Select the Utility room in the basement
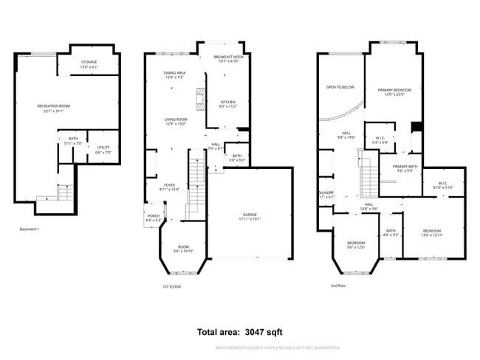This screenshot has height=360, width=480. coord(103,150)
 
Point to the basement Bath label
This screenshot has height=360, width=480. coord(73,141)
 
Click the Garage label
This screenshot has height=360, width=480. coord(249,216)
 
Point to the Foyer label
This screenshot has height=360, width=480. coord(170,187)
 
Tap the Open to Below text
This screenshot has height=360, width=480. coord(340,87)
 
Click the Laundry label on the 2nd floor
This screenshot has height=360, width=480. coord(326,194)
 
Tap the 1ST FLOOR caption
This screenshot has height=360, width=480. coord(171,286)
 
